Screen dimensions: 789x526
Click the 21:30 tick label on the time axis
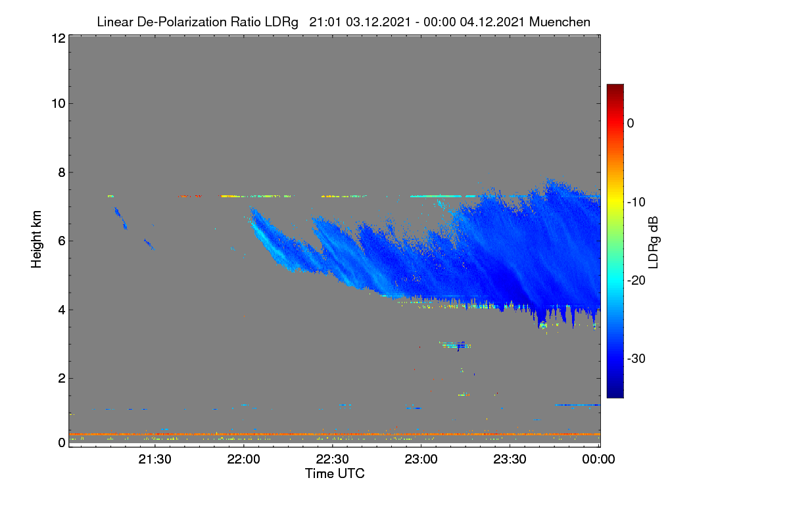(155, 460)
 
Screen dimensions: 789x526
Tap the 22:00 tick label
(243, 460)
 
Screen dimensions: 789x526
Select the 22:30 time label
(332, 460)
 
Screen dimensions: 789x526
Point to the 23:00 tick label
(421, 460)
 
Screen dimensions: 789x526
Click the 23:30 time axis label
(510, 460)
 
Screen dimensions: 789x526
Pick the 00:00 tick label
(598, 460)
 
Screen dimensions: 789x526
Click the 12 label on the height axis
(59, 38)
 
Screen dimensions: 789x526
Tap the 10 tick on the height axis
(59, 104)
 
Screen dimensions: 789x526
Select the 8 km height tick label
(62, 172)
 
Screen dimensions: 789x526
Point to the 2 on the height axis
(62, 378)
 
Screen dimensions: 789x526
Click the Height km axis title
(36, 239)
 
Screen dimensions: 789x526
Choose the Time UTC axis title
(335, 474)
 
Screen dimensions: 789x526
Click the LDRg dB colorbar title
(654, 243)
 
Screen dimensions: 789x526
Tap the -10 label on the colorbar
(636, 203)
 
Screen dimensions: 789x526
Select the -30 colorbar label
(636, 358)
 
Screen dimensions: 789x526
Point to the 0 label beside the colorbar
(631, 124)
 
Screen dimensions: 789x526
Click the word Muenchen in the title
(560, 22)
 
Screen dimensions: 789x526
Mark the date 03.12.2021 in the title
(378, 22)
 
